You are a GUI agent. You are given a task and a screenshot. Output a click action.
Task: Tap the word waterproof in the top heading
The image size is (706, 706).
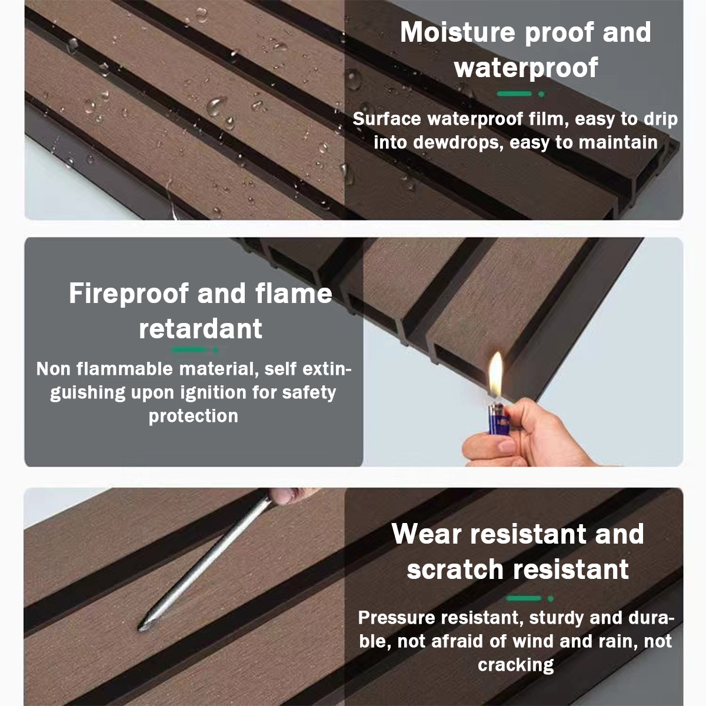(x=526, y=68)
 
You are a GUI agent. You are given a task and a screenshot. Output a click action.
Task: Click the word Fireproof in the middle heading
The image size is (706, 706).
(x=127, y=293)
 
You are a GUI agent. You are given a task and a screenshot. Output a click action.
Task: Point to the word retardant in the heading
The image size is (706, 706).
(x=200, y=328)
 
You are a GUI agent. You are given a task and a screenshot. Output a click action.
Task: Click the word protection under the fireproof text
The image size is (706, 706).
(x=193, y=416)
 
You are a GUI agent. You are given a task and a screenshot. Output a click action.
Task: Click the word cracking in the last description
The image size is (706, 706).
(x=515, y=665)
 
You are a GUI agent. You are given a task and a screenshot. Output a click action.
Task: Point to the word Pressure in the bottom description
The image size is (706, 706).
(x=397, y=618)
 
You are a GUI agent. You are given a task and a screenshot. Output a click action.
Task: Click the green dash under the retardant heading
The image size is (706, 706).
(x=189, y=350)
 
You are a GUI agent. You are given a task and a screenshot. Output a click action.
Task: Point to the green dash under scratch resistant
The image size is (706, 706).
(x=524, y=598)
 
